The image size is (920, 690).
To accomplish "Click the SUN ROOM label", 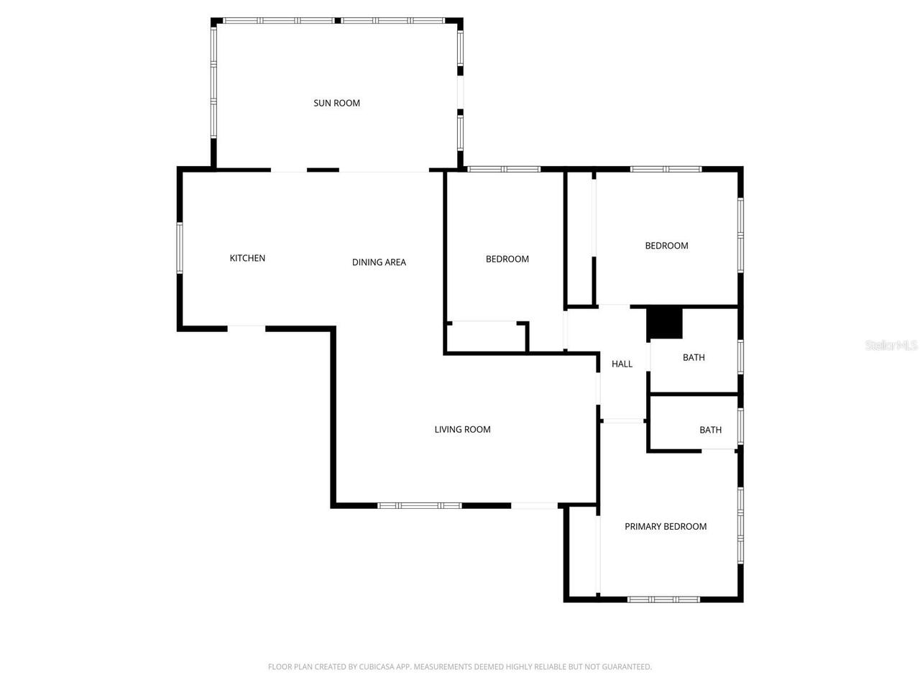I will [336, 103].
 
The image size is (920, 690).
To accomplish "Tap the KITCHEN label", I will [247, 258].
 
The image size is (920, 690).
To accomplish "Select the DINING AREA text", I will [379, 262].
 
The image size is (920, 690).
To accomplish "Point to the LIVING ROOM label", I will [462, 429].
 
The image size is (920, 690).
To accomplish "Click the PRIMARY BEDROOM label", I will [665, 526].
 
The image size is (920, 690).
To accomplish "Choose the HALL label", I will [622, 364].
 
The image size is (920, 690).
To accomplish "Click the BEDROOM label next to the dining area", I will [507, 259].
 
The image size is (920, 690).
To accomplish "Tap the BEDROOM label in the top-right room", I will [666, 246].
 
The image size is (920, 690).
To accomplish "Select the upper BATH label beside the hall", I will [694, 357].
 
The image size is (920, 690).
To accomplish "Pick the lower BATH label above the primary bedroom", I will [710, 430].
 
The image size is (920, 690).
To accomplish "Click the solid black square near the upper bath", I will [664, 323].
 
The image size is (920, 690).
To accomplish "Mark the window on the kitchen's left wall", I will [180, 248].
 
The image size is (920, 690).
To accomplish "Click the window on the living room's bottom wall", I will [420, 505].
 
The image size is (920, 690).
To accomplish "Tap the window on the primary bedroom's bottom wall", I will [663, 599].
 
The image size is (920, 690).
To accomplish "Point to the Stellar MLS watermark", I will [891, 346].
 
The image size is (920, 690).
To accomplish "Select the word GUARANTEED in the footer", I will [627, 667].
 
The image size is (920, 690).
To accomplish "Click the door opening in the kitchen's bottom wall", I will [247, 328].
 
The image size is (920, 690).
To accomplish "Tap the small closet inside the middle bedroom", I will [487, 336].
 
